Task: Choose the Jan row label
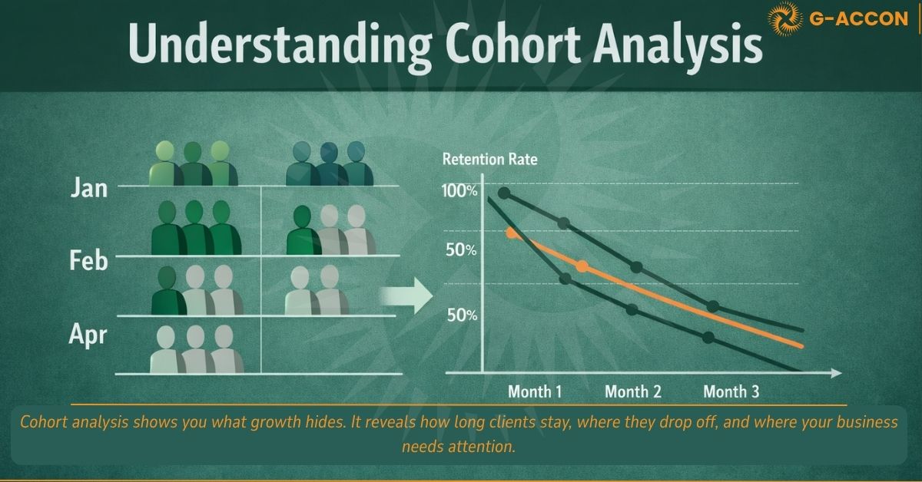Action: click(x=88, y=187)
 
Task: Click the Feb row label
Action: click(x=88, y=261)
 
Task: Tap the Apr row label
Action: click(x=88, y=335)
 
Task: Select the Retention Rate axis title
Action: click(x=490, y=160)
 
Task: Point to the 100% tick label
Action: click(x=459, y=191)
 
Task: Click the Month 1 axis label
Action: click(x=535, y=391)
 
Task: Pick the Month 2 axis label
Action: click(x=633, y=391)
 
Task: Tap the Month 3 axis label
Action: click(x=731, y=391)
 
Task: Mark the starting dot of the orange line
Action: click(x=512, y=233)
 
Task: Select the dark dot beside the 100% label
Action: click(x=504, y=193)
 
